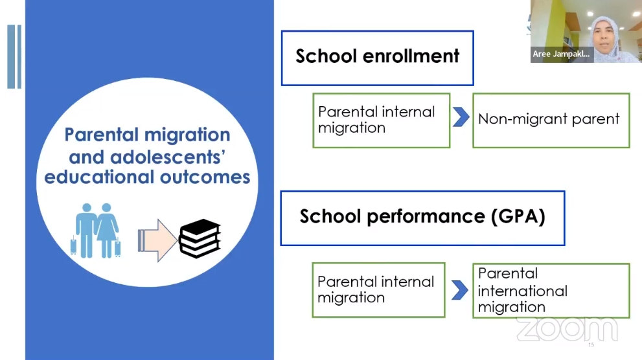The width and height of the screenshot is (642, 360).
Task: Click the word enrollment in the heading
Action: (411, 56)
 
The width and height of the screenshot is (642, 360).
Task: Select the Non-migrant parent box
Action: (551, 120)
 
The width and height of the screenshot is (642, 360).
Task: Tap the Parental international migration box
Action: (551, 291)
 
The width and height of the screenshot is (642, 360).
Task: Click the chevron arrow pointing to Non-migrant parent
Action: (461, 117)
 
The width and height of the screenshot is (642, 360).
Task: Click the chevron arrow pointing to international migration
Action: (460, 290)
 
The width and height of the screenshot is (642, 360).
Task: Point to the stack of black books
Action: (200, 238)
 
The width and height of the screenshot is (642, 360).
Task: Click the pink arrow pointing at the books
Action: (157, 240)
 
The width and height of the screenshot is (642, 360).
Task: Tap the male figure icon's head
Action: (87, 208)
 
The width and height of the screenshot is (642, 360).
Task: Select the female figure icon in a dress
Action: (108, 231)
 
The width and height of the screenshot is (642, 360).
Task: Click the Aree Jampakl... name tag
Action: (562, 54)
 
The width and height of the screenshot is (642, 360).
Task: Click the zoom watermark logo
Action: (567, 330)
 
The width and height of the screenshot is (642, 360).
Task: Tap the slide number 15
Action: (591, 345)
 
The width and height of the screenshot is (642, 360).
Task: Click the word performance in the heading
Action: (426, 217)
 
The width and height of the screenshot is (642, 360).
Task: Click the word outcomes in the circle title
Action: (205, 177)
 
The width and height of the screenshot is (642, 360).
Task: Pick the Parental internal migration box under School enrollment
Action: (382, 120)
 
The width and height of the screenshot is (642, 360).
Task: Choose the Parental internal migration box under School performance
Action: (379, 290)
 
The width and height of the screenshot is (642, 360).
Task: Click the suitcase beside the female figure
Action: (118, 247)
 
